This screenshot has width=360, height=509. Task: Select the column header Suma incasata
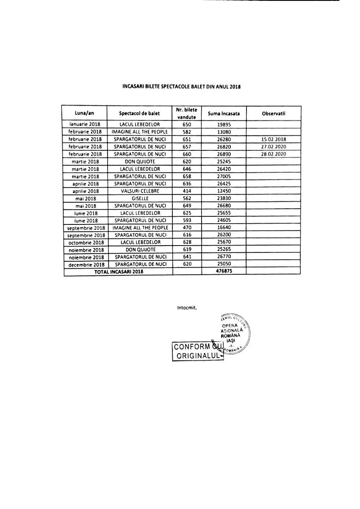point(224,113)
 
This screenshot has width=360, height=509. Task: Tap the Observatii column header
point(274,113)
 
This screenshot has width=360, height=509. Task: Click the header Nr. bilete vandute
point(187,113)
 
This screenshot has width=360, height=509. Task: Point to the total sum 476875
point(224,272)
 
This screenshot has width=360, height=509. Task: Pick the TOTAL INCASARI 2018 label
point(119,272)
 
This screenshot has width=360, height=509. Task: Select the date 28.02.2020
point(274,154)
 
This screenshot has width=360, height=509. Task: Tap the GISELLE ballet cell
point(140,198)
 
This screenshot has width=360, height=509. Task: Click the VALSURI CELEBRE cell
point(140,191)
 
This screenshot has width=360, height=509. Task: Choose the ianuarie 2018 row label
point(85,124)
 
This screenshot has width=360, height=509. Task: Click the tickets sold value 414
point(187,191)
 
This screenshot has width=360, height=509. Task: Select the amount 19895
point(224,124)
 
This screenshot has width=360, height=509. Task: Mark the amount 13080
point(224,132)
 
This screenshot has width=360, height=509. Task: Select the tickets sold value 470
point(187,228)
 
